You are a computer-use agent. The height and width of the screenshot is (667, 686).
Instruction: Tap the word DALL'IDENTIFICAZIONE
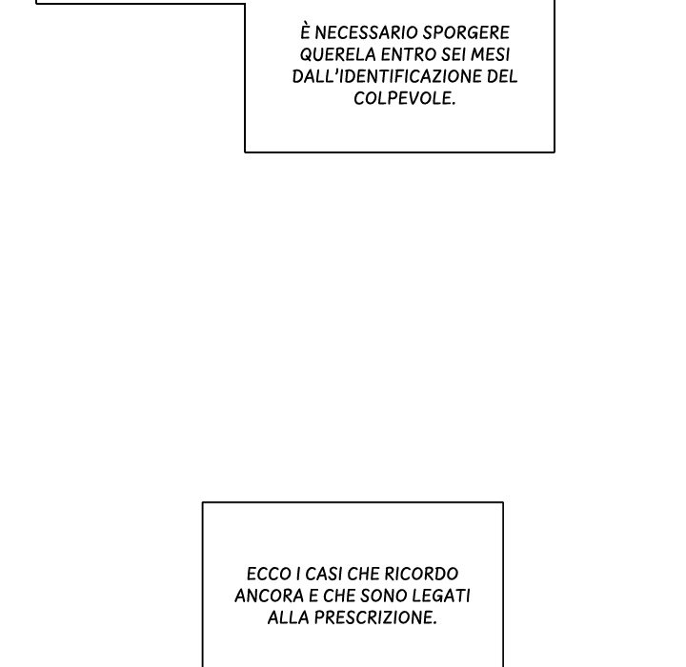(387, 77)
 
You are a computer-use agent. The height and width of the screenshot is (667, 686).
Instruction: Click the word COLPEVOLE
(404, 99)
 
